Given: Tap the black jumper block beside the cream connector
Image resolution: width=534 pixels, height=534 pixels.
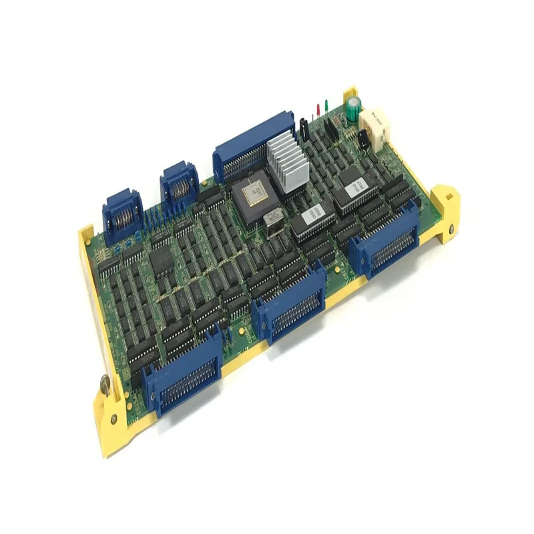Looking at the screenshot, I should [364, 139].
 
